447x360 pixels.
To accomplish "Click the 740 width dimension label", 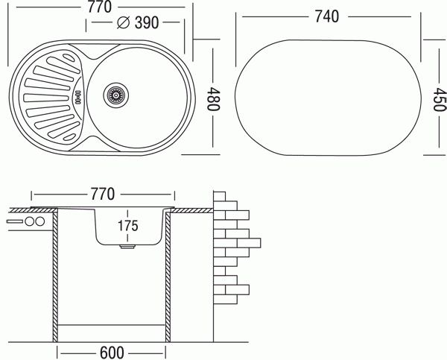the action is (x=327, y=16).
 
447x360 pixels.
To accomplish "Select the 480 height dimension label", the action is (x=213, y=98).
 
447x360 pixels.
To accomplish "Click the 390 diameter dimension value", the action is (x=147, y=22).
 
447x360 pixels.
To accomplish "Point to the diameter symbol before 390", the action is (x=124, y=22).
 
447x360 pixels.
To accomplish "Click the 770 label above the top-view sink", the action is (x=99, y=7).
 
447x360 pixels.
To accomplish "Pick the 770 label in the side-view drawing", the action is (x=103, y=195).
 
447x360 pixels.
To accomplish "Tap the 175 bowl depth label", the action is (x=128, y=226).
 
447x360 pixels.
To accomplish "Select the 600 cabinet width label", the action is (x=112, y=353).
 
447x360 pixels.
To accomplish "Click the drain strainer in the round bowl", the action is (x=116, y=95).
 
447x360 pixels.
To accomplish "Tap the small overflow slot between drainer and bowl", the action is (x=77, y=97).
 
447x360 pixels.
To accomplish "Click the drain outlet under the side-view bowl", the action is (x=127, y=247).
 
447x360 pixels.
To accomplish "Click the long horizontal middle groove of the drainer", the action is (x=46, y=98).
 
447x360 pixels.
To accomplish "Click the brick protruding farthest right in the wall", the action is (x=249, y=243).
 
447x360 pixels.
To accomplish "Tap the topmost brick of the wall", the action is (x=220, y=196).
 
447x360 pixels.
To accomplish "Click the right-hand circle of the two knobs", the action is (x=39, y=221).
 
